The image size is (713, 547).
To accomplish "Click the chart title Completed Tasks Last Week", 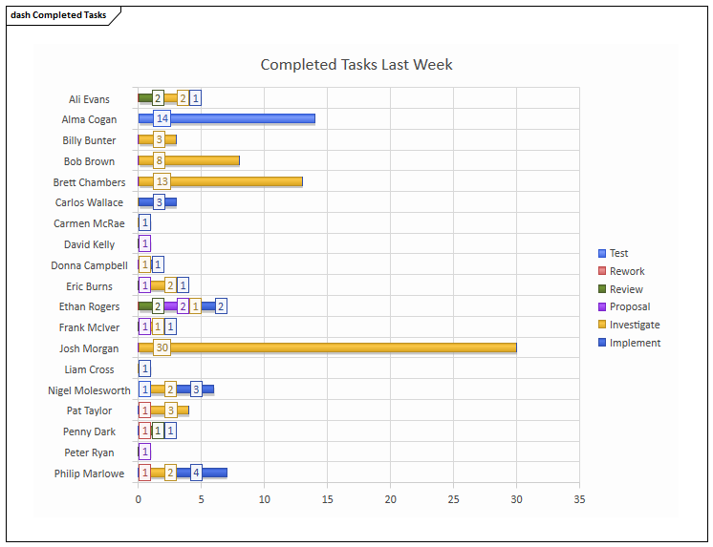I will tap(356, 65).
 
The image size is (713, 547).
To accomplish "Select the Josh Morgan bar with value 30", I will tap(335, 348).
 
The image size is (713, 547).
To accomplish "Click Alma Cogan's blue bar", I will tap(239, 119).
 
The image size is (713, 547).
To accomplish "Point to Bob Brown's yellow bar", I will tap(201, 160).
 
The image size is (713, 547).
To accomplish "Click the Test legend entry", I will tap(618, 253).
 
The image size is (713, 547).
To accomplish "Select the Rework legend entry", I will tap(626, 271).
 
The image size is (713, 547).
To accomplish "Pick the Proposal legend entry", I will tap(629, 306).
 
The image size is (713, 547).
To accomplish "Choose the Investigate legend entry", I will tap(634, 325).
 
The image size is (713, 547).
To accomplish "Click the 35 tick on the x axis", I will tap(579, 498).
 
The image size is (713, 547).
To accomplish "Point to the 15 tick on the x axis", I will tap(327, 498).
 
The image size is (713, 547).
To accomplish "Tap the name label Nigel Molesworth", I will tap(89, 390).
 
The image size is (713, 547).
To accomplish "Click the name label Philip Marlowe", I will tap(89, 473).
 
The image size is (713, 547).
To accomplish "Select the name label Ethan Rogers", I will tap(89, 306).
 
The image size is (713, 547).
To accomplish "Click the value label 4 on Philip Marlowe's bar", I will tap(196, 473).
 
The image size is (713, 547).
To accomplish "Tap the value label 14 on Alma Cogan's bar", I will tap(162, 119).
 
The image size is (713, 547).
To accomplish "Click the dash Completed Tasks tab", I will tap(59, 15).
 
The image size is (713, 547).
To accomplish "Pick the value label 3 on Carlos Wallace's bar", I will tap(159, 202).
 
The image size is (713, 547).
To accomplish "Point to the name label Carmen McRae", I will tap(89, 223).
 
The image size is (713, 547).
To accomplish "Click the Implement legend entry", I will tap(635, 343).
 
